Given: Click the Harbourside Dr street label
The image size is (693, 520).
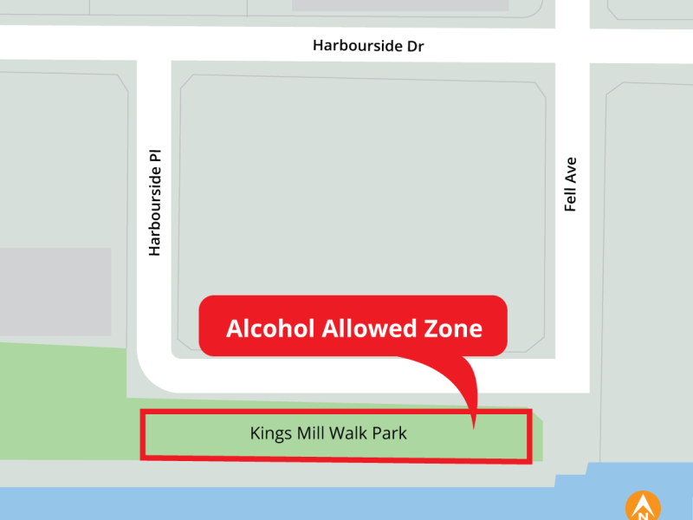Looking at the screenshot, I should [x=368, y=46].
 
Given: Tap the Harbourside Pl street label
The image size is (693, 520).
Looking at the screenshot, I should [x=155, y=200].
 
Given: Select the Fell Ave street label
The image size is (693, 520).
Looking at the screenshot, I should [x=570, y=185].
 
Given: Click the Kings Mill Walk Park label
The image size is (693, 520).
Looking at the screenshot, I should [x=328, y=432].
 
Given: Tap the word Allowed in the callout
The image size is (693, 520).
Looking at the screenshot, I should [x=364, y=329].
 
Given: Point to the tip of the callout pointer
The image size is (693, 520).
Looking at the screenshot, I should [x=474, y=427].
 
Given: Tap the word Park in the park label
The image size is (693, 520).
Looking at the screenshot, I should [x=389, y=432].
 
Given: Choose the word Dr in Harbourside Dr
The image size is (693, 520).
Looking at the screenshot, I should [x=415, y=46].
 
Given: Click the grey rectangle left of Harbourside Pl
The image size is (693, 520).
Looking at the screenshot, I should [x=55, y=292].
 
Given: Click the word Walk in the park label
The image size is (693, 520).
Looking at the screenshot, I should [x=346, y=432].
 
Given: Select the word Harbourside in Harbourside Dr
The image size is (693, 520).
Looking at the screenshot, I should [x=358, y=46].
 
